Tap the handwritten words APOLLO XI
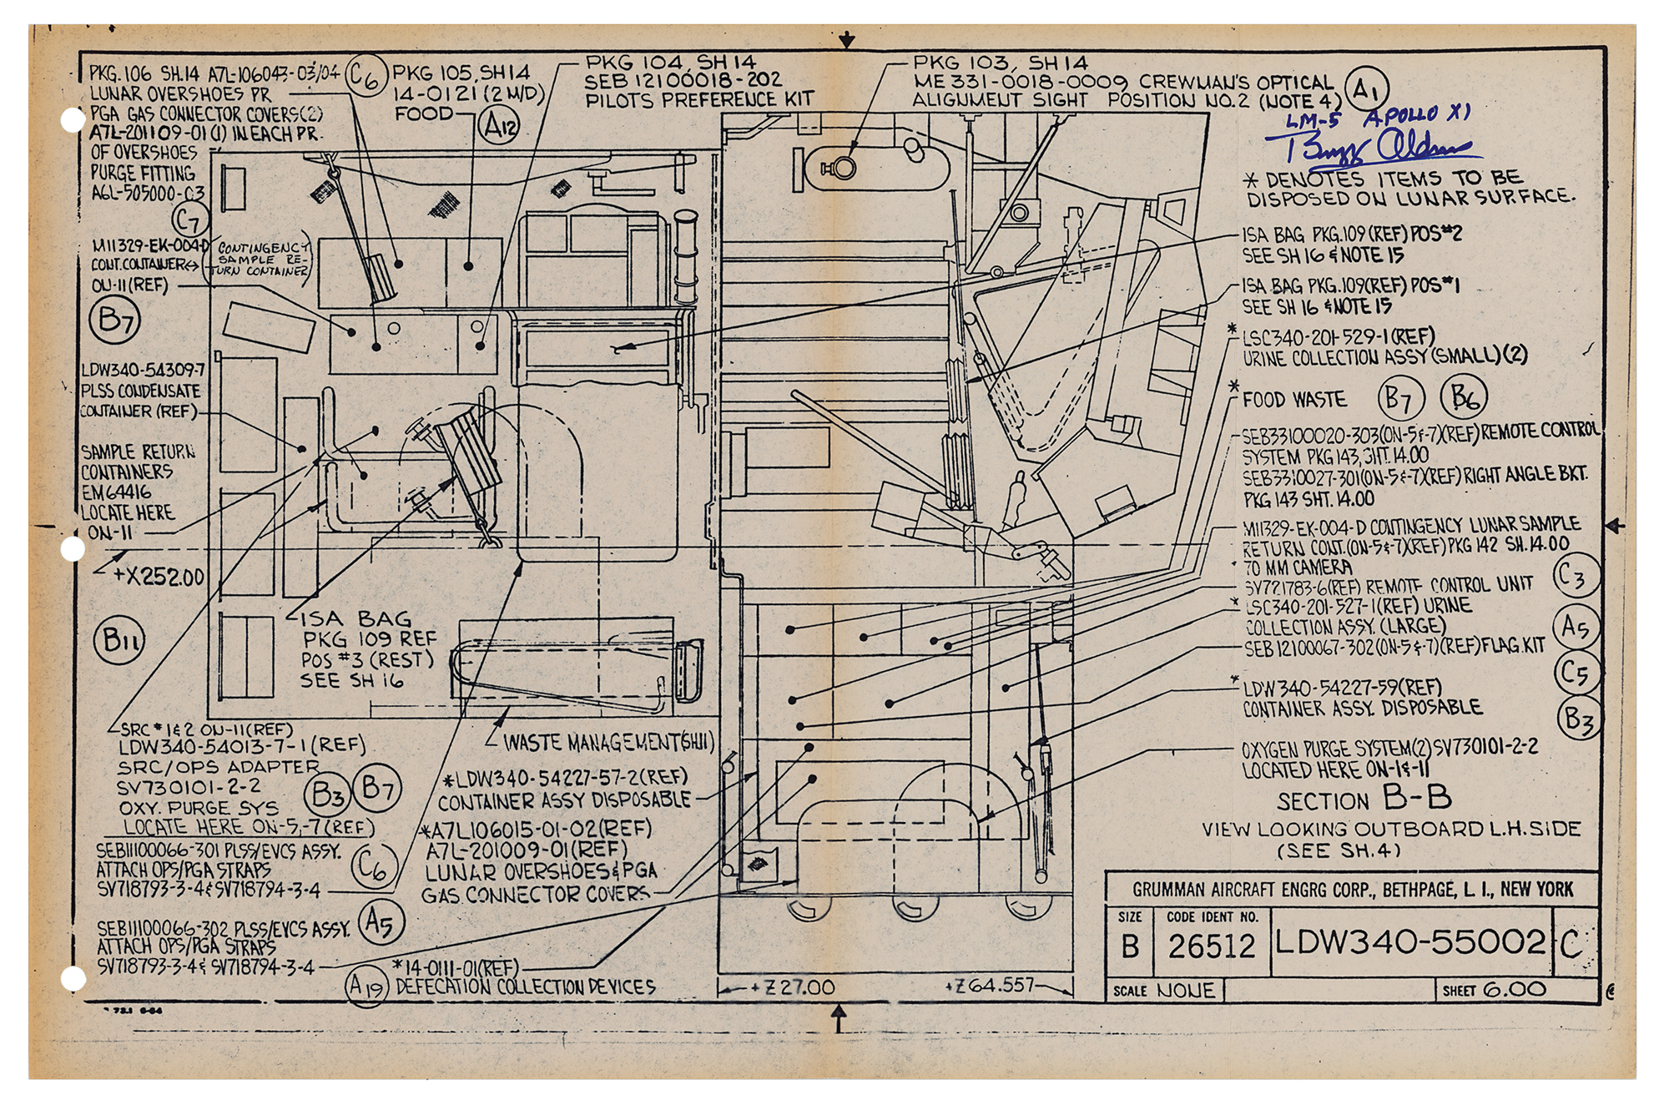pyautogui.click(x=1417, y=115)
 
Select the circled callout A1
pyautogui.click(x=1366, y=88)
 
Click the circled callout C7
pyautogui.click(x=190, y=221)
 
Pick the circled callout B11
pyautogui.click(x=119, y=640)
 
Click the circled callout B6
pyautogui.click(x=1465, y=398)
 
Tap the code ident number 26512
pyautogui.click(x=1211, y=946)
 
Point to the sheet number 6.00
pyautogui.click(x=1515, y=990)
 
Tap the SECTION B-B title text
pyautogui.click(x=1364, y=800)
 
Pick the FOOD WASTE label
pyautogui.click(x=1294, y=401)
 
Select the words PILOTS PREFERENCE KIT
pyautogui.click(x=698, y=100)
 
